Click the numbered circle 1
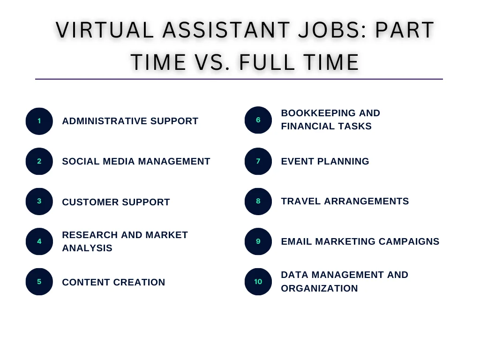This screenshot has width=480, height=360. [39, 121]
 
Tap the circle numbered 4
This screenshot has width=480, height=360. [39, 241]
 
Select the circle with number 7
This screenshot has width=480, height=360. [258, 161]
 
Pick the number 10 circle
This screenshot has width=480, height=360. [258, 282]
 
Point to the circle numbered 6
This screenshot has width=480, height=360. [258, 120]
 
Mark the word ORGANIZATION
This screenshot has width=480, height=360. [319, 288]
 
